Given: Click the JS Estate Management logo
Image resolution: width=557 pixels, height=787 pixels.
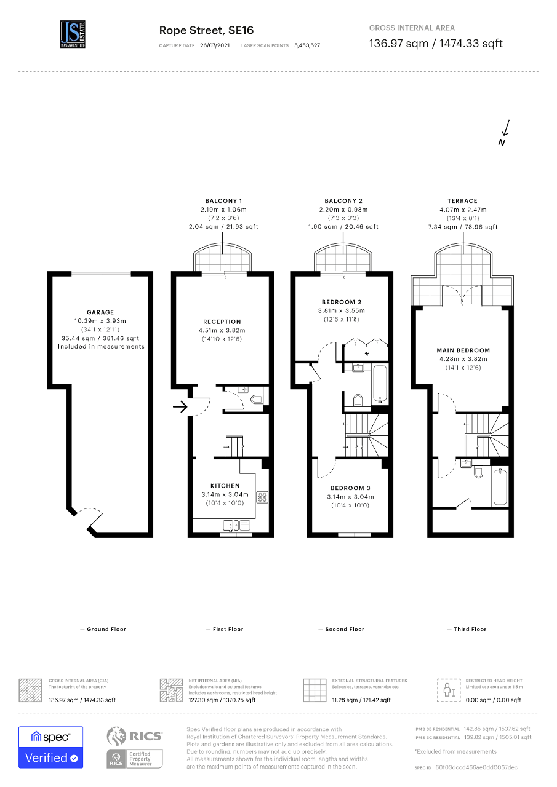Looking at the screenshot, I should click(x=73, y=34).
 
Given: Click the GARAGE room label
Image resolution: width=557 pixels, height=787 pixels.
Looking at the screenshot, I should click(x=100, y=312).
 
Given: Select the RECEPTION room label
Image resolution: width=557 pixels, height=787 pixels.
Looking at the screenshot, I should click(x=222, y=322).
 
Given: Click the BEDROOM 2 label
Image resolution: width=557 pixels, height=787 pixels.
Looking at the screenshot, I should click(x=341, y=302).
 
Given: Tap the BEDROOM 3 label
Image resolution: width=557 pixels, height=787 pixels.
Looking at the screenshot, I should click(x=350, y=488).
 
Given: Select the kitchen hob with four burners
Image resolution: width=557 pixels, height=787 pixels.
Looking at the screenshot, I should click(x=261, y=497).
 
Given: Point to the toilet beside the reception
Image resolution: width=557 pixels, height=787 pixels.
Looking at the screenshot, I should click(x=257, y=400).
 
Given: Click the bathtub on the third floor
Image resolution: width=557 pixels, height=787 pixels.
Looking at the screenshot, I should click(x=500, y=486).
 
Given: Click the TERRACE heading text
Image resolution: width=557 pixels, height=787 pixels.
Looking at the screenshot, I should click(x=462, y=201).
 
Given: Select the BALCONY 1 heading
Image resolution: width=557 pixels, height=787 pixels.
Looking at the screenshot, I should click(x=223, y=201).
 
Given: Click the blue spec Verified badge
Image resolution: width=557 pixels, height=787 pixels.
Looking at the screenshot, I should click(x=50, y=747).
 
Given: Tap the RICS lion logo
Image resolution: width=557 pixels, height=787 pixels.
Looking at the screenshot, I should click(x=117, y=736).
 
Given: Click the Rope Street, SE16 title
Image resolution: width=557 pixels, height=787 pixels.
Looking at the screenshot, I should click(x=206, y=30).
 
